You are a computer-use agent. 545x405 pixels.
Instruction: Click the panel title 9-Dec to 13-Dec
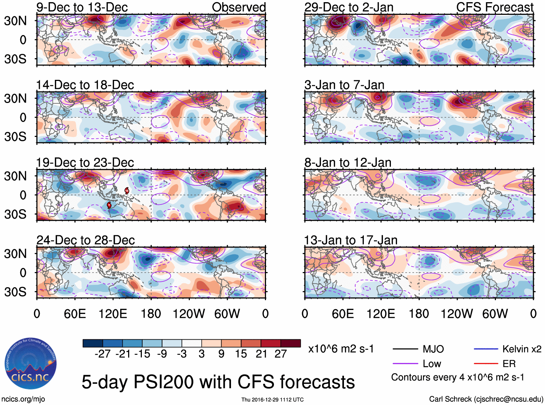[82, 7]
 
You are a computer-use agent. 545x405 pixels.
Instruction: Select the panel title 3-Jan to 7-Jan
[344, 85]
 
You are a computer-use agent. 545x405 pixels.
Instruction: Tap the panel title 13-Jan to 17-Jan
[351, 240]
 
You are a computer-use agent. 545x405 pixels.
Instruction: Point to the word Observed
[239, 7]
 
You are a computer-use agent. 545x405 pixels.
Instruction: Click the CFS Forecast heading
[494, 7]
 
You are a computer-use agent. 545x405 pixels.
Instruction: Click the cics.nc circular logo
[31, 363]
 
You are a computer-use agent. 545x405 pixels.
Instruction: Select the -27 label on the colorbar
[103, 354]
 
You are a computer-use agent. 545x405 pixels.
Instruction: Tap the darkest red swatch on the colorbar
[291, 343]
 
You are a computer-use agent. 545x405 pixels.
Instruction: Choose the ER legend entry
[509, 364]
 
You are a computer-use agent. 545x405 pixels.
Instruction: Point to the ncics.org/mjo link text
[23, 399]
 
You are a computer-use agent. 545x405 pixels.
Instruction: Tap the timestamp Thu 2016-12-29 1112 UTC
[272, 400]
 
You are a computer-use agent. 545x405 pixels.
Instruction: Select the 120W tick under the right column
[457, 314]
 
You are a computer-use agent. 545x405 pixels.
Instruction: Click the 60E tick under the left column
[75, 314]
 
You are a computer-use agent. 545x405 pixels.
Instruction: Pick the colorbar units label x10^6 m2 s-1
[341, 349]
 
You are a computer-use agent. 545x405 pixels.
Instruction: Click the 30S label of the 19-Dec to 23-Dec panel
[15, 214]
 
